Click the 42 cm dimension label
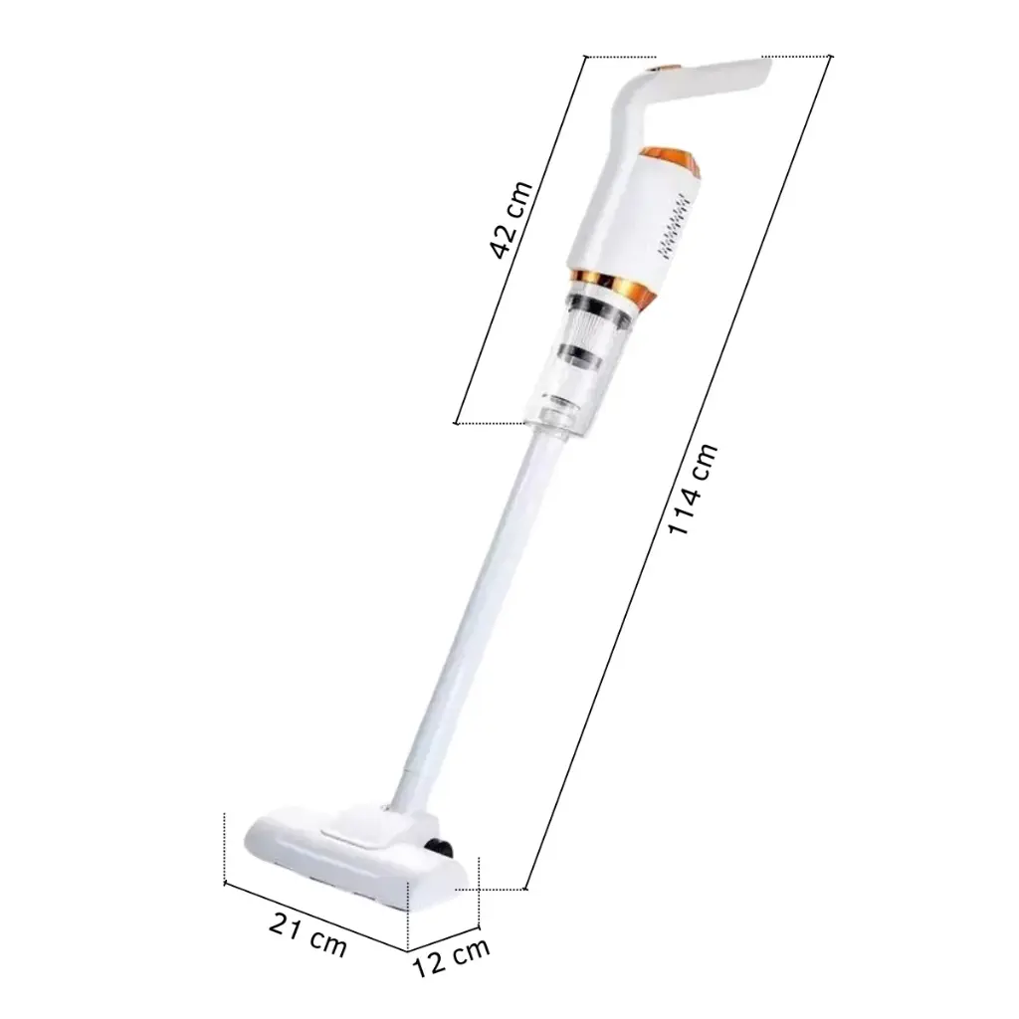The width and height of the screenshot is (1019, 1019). click(x=511, y=219)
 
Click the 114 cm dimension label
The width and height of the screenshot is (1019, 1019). click(x=693, y=489)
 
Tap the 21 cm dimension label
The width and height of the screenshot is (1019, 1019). click(x=308, y=934)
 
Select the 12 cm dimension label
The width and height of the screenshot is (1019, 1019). click(x=451, y=957)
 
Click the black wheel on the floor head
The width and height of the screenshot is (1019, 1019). click(x=440, y=846)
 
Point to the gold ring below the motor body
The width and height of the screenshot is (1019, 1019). click(x=613, y=286)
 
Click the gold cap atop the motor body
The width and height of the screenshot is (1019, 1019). click(x=673, y=163)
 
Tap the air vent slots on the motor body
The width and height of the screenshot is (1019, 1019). click(x=674, y=226)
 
